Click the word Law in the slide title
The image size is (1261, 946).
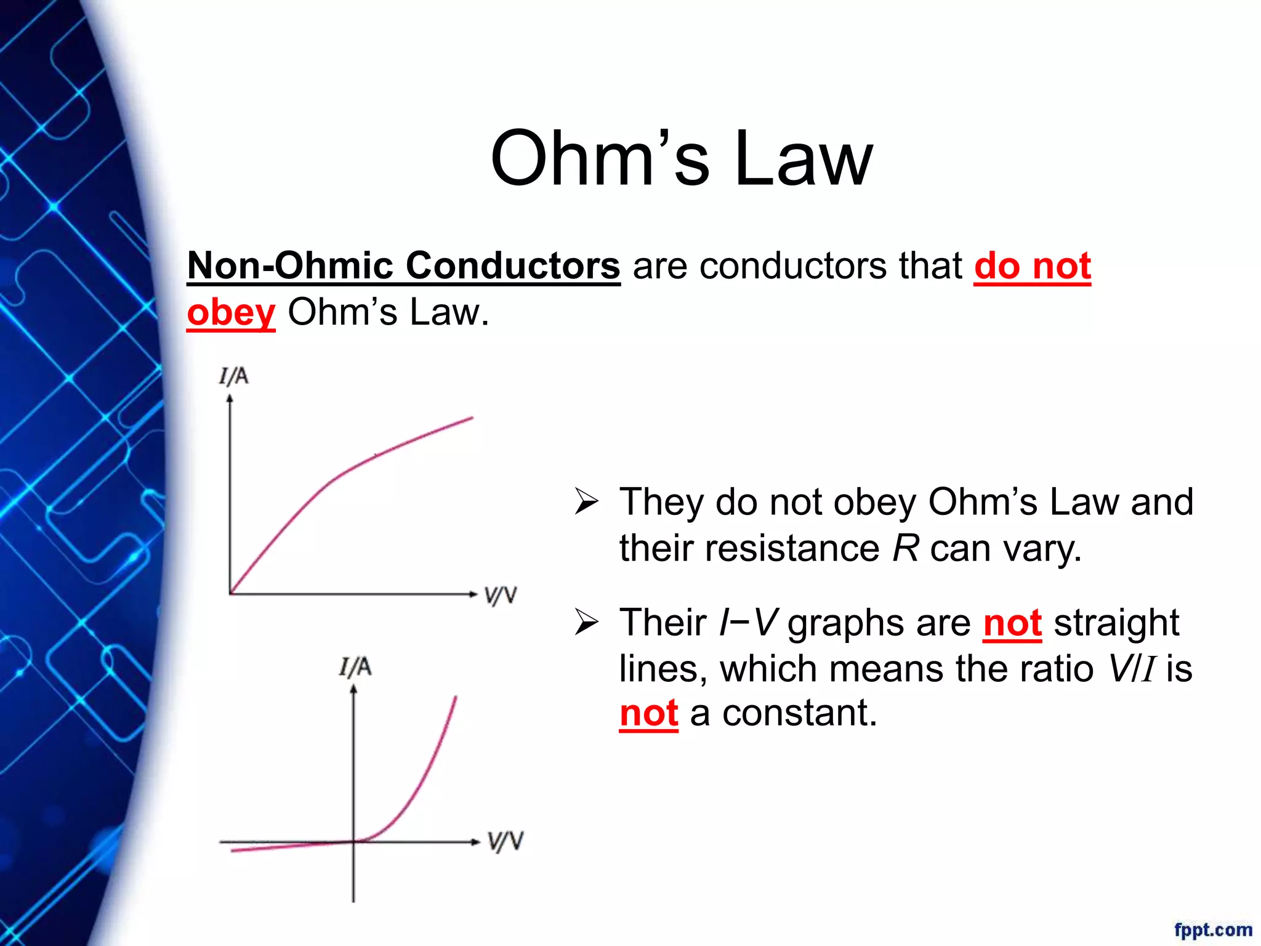(x=804, y=158)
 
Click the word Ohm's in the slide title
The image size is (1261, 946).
(x=600, y=158)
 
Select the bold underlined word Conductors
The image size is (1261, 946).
(x=512, y=266)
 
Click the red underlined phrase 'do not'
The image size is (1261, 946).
(x=1033, y=266)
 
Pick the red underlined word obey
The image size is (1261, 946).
(x=231, y=313)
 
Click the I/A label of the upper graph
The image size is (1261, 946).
(x=234, y=376)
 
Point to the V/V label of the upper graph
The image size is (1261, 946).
(x=500, y=596)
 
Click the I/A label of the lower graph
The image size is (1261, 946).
(x=355, y=667)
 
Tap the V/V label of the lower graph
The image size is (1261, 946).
(x=506, y=841)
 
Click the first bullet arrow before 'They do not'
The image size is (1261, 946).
(x=586, y=501)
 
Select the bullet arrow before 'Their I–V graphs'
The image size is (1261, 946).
(x=586, y=623)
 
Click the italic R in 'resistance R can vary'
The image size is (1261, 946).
(x=906, y=548)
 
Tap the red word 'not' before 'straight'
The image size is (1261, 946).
(x=1012, y=623)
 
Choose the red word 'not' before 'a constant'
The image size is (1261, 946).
(x=649, y=713)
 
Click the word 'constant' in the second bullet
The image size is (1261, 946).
(x=799, y=713)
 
